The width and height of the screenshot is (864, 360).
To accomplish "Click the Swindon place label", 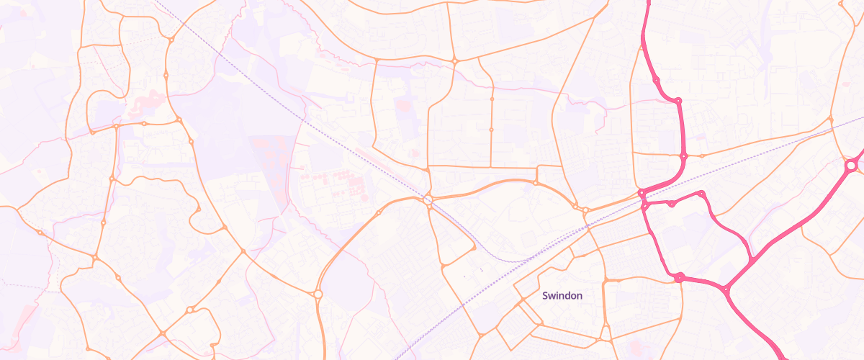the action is click(x=562, y=295).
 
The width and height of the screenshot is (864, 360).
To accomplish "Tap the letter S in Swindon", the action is click(x=545, y=295).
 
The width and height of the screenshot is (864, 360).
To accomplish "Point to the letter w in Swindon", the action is click(x=552, y=295).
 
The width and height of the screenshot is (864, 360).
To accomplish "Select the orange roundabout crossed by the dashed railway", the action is click(x=428, y=199).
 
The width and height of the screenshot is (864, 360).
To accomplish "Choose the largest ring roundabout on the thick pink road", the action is click(x=850, y=166).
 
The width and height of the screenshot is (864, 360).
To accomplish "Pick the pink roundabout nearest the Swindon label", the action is click(x=678, y=277).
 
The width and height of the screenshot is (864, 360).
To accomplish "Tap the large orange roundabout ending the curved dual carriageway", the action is click(x=318, y=294).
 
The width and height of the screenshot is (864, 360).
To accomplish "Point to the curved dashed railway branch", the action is click(x=490, y=249).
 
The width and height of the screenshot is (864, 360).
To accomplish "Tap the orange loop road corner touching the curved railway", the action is click(x=474, y=248).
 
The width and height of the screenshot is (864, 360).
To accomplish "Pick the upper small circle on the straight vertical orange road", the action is click(x=492, y=99).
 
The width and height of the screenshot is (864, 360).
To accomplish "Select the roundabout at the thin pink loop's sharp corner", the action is click(x=701, y=193).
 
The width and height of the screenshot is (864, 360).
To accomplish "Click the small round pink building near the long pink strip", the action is click(x=413, y=153).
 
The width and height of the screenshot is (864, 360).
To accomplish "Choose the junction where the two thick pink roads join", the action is click(x=726, y=289).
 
